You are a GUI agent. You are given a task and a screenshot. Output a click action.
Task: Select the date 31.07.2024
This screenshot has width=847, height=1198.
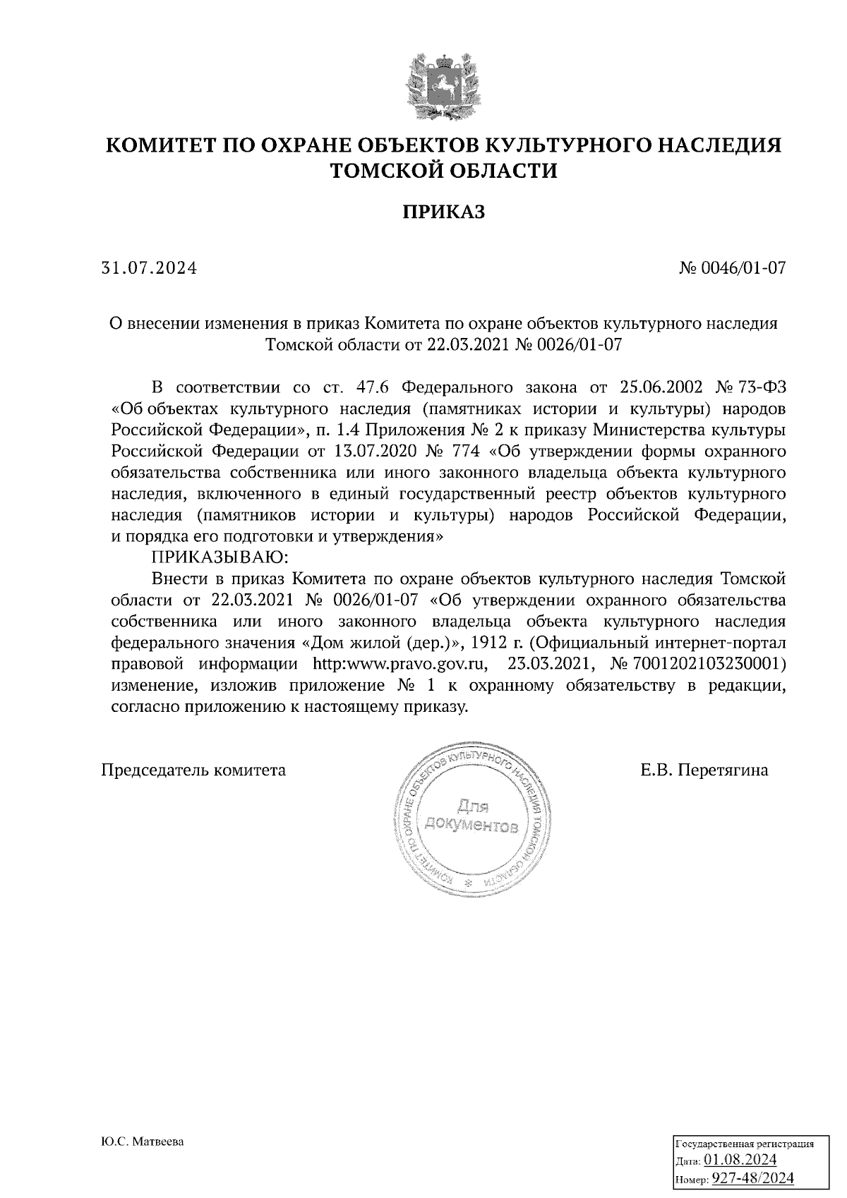pos(149,268)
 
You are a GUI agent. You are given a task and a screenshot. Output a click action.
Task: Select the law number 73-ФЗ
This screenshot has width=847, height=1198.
pos(762,388)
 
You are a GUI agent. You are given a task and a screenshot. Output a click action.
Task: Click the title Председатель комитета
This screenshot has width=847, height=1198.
pos(194,770)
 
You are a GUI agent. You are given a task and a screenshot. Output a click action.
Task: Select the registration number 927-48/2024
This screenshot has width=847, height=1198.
pos(752,1178)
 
